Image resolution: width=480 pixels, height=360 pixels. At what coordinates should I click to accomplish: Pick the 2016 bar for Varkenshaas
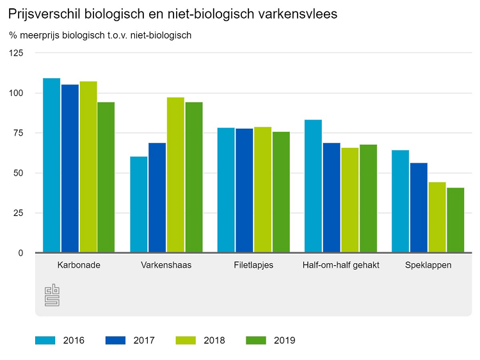pos(139,204)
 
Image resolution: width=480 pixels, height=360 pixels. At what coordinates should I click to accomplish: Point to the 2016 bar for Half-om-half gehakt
pos(313,186)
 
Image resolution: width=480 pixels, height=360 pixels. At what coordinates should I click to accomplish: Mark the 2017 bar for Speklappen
pos(419,208)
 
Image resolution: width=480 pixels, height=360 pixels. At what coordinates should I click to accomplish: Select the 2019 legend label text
pos(284,340)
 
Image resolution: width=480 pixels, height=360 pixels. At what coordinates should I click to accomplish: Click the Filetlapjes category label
pos(253,265)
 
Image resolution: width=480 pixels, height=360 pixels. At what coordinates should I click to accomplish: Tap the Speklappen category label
pos(428,265)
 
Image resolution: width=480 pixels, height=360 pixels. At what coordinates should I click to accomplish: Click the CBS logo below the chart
pos(52,295)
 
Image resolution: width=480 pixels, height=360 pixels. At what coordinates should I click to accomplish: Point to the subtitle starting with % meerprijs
pos(100,35)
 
